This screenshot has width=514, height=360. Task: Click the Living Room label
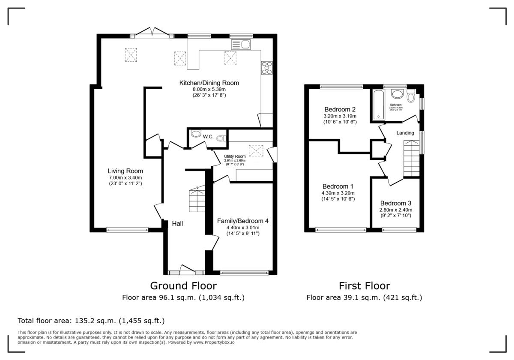click(125, 171)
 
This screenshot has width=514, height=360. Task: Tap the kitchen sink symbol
click(241, 44)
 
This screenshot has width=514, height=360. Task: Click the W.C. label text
click(208, 136)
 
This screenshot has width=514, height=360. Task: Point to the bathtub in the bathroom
click(379, 105)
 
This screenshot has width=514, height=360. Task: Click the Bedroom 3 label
click(395, 203)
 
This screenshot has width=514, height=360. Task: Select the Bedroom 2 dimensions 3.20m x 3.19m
click(340, 116)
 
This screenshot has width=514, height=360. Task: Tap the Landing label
click(405, 133)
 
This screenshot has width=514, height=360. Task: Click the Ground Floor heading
click(183, 285)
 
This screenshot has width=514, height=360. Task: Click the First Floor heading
click(364, 285)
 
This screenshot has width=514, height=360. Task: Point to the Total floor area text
click(91, 321)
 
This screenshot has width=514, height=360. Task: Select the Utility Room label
click(235, 156)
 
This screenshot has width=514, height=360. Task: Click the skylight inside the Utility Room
click(256, 151)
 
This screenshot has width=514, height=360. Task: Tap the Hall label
click(178, 223)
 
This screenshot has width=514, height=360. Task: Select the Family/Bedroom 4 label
click(242, 221)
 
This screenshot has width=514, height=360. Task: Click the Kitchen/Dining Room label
click(209, 83)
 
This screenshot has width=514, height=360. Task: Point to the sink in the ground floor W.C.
click(196, 134)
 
